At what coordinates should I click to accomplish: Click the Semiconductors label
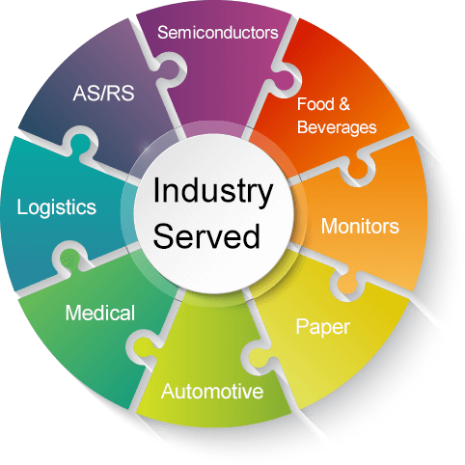[x=218, y=33]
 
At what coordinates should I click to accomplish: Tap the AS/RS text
[x=103, y=94]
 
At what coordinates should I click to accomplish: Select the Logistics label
[x=57, y=207]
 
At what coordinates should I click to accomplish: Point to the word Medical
[x=100, y=313]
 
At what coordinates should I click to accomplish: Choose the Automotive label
[x=212, y=392]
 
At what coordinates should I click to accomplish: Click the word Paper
[x=322, y=328]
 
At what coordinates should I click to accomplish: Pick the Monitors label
[x=360, y=226]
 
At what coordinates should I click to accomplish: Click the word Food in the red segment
[x=315, y=104]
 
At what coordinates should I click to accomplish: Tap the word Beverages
[x=337, y=127]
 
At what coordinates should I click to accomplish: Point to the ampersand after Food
[x=344, y=104]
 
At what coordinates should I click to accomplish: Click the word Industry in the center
[x=213, y=191]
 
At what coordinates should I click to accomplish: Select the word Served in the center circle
[x=206, y=235]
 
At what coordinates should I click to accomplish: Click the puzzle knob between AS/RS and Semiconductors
[x=171, y=69]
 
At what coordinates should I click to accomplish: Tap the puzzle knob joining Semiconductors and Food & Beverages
[x=282, y=79]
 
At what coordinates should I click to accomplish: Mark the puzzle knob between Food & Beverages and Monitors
[x=357, y=167]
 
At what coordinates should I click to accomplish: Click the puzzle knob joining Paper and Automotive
[x=260, y=358]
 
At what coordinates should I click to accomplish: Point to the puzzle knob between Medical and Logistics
[x=68, y=259]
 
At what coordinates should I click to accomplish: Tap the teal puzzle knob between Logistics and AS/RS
[x=80, y=143]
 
